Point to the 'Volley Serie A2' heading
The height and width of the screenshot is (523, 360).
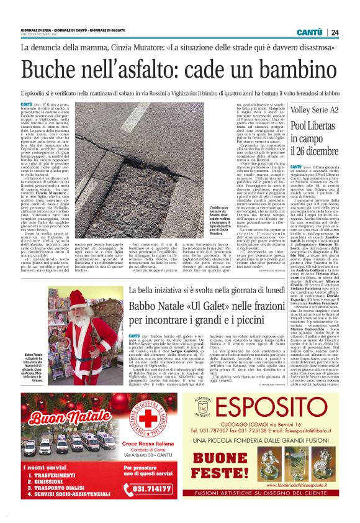pos(316,111)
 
